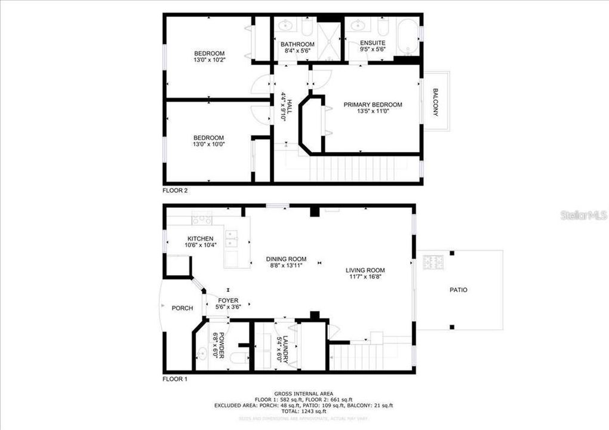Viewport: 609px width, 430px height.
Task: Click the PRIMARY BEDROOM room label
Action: (x=373, y=105)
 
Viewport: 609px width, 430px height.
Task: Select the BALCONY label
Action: (x=436, y=102)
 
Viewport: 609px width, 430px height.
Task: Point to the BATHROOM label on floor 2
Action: (x=297, y=44)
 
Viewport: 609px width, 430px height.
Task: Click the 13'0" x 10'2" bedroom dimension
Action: (x=209, y=60)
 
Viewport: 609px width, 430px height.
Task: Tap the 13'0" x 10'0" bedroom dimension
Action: (x=209, y=144)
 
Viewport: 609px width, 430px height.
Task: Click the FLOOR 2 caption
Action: (x=176, y=191)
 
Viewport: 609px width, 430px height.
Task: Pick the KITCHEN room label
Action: (x=200, y=239)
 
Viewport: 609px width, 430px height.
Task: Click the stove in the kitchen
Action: (x=202, y=218)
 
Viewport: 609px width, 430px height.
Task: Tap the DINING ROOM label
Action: (x=286, y=259)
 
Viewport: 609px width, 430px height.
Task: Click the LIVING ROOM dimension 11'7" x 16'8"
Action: (x=365, y=277)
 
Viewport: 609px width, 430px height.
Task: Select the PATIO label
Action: (x=459, y=290)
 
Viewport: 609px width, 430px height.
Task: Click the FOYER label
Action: (x=228, y=300)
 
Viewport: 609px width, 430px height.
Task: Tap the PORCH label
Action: (x=182, y=308)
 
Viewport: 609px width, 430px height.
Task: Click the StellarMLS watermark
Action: (x=583, y=215)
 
